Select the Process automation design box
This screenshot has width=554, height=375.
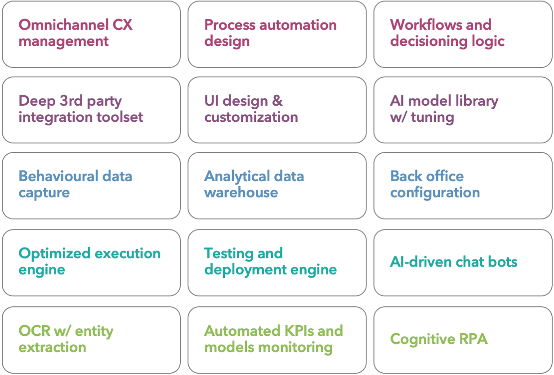(277, 34)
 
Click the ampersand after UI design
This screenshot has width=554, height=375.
(277, 101)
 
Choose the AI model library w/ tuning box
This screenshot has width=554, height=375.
(463, 110)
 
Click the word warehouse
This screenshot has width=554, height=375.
(241, 193)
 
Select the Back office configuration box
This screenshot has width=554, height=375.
(463, 185)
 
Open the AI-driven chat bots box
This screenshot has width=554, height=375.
(463, 263)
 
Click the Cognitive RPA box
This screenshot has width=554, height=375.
(463, 339)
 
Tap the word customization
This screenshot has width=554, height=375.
(251, 117)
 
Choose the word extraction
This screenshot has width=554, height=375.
(53, 348)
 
